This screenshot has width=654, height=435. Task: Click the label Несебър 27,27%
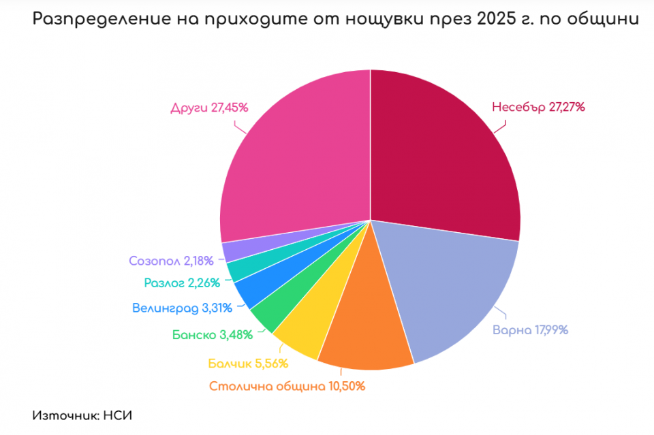pyautogui.click(x=538, y=108)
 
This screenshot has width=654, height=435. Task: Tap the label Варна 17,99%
pyautogui.click(x=530, y=331)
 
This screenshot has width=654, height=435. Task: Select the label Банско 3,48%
pyautogui.click(x=213, y=334)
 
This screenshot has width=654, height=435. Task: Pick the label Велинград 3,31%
pyautogui.click(x=183, y=308)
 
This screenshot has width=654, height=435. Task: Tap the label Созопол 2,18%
pyautogui.click(x=171, y=261)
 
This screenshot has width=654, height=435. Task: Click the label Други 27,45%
pyautogui.click(x=208, y=108)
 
